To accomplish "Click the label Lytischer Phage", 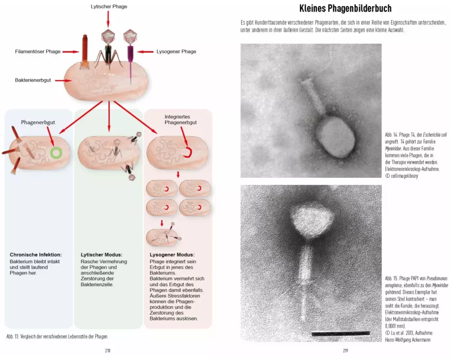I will coord(108,7).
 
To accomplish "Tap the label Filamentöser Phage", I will coord(37,52).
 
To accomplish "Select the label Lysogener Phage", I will coord(176,52).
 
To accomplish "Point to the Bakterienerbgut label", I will coord(33,80).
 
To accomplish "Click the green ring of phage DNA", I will coord(56,153).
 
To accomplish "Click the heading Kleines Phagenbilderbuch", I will coord(345,9).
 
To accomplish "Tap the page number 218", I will coord(108,351).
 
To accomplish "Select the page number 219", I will coord(346,351).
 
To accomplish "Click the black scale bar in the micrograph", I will coord(340,333).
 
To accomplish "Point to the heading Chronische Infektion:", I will coord(36,255).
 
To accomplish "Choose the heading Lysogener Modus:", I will coord(172,255).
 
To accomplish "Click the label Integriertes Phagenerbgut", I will coord(180,119).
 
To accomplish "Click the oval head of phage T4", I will coord(334,137).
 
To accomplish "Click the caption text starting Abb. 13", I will coord(57,336).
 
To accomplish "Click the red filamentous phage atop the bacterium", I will coord(85,53).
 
